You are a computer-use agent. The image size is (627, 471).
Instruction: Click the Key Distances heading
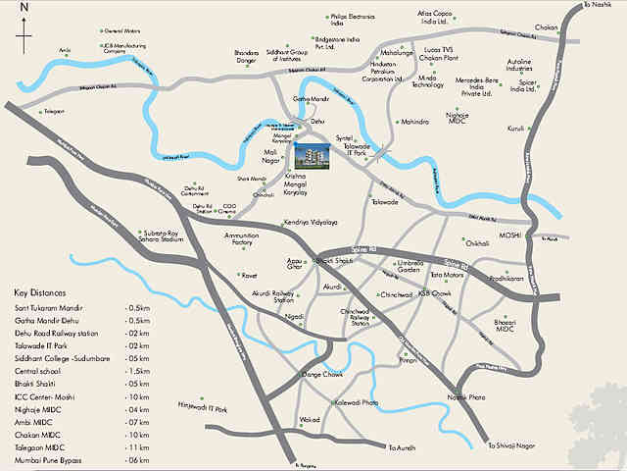coord(41,293)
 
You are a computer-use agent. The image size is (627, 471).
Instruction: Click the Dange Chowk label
coord(325,374)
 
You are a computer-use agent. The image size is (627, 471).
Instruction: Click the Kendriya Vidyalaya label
coord(310,223)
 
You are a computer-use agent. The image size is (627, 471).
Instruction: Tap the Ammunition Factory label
coord(241,239)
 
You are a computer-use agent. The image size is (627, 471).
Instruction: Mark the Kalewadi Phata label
coord(357,403)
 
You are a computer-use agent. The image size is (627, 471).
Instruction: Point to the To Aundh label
coord(403,448)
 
